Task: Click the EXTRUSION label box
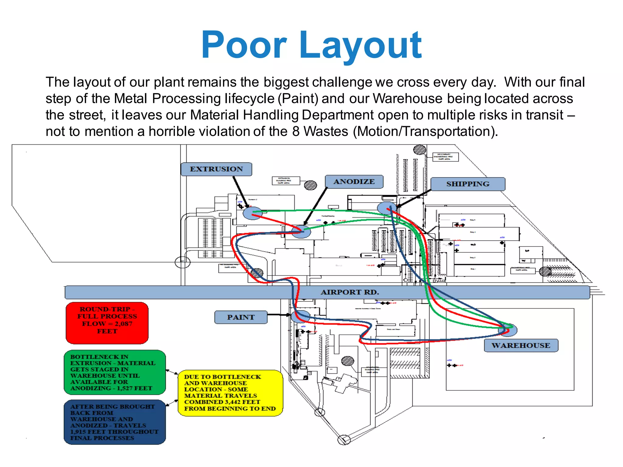pos(216,169)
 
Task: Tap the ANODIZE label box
pos(354,182)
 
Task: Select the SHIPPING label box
pos(468,184)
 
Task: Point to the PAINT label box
pos(241,317)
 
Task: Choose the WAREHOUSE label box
pos(521,345)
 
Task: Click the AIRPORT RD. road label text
pos(350,292)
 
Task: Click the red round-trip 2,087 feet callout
pos(107,323)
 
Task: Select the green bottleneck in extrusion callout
pos(115,372)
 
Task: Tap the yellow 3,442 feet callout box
pos(230,393)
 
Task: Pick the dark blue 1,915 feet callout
pos(115,422)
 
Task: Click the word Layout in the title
pos(361,46)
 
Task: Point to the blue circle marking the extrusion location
pos(252,213)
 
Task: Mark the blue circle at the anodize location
pos(301,232)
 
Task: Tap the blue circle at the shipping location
pos(387,208)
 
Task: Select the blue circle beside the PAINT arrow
pos(301,317)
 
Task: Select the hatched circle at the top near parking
pos(419,150)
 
